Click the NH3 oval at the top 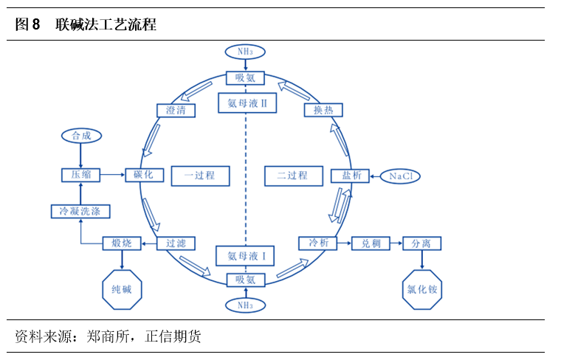click(245, 52)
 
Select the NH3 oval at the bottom click(245, 304)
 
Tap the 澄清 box click(176, 110)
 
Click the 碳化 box click(143, 175)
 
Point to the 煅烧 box click(121, 243)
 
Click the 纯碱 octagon click(121, 288)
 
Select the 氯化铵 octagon click(422, 288)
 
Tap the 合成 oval click(80, 136)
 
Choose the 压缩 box click(80, 175)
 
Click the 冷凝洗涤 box click(80, 212)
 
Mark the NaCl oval click(401, 176)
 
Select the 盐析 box click(346, 176)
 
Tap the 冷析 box click(317, 243)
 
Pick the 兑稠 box click(370, 243)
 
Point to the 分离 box click(422, 243)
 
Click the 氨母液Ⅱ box click(245, 103)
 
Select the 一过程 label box click(199, 176)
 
